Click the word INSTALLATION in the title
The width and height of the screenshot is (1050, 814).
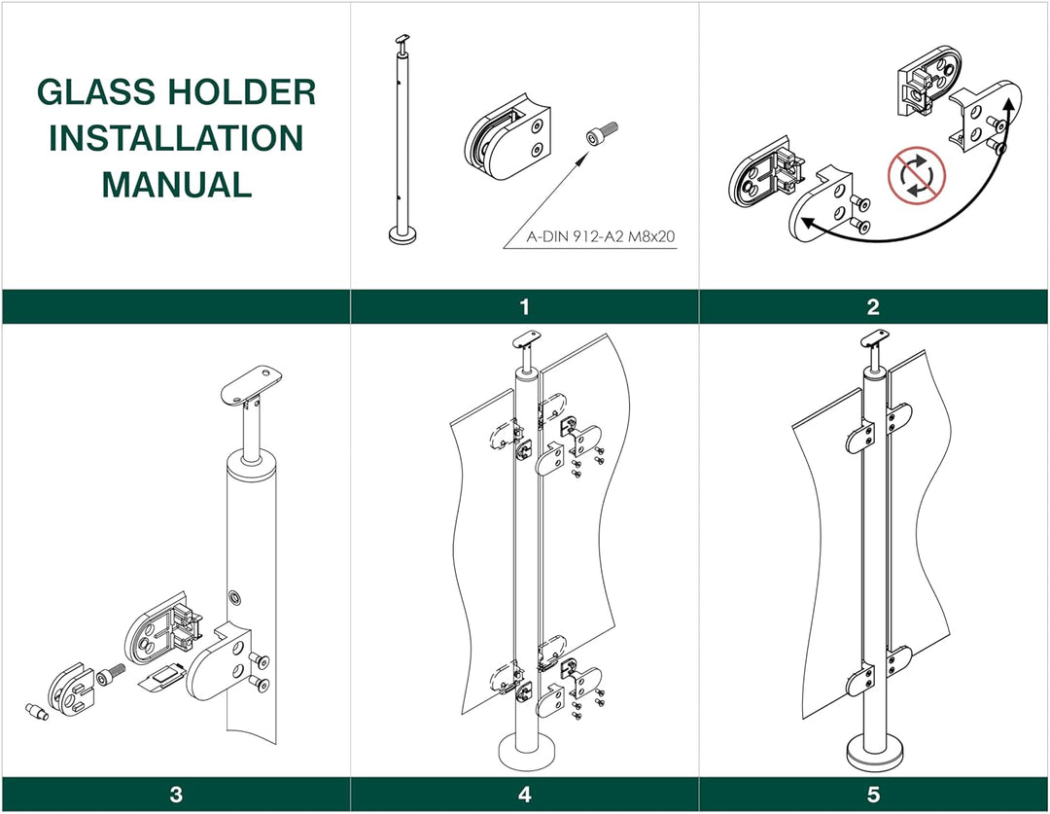(176, 138)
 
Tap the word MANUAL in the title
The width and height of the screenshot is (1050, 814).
(176, 184)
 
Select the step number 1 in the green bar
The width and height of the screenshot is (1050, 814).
(524, 307)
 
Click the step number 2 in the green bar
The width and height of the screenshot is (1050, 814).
(873, 307)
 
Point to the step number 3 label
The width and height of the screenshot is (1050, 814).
(176, 795)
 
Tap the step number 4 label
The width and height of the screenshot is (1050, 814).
(524, 795)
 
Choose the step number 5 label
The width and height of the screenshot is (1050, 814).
(873, 795)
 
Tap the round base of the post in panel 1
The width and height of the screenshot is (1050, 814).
(399, 234)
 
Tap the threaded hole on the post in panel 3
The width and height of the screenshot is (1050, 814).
(233, 594)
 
